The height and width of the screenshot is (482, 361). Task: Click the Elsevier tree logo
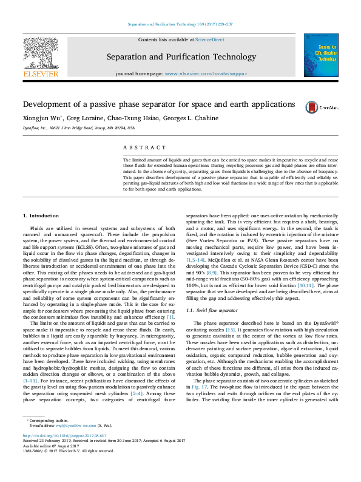coord(41,54)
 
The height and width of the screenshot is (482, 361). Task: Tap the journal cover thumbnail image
coord(320,55)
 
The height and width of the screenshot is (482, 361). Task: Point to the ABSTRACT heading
coord(144,148)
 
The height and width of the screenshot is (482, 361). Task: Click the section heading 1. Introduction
coord(40,216)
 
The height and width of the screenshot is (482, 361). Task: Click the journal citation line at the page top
coord(180,24)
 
